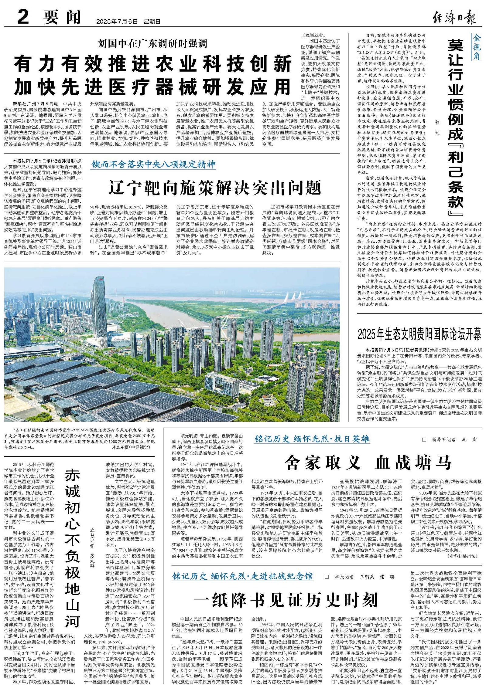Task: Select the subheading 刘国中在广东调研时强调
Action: [x=152, y=43]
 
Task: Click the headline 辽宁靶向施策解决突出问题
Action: [x=215, y=187]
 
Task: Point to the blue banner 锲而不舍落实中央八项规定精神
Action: [x=154, y=164]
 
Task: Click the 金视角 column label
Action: [x=476, y=47]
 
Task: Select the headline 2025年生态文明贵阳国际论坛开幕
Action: [x=419, y=334]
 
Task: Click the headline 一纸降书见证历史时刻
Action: [x=286, y=600]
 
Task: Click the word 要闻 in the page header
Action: [x=62, y=17]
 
